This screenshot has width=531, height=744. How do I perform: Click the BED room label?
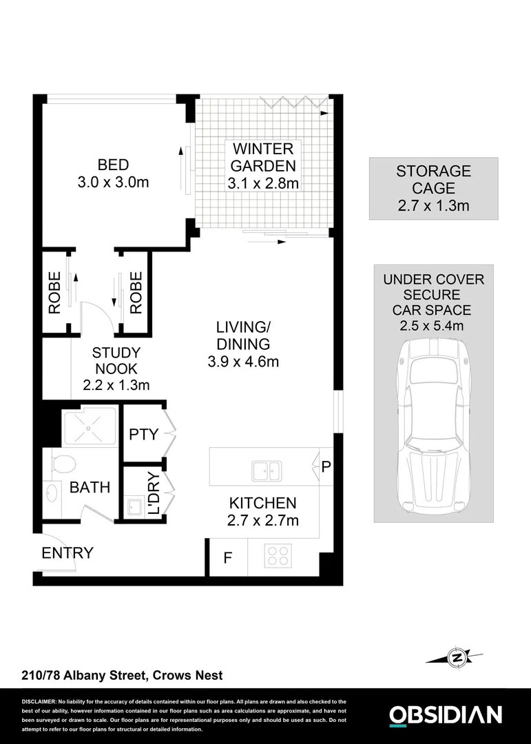click(114, 165)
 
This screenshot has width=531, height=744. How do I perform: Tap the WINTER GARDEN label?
click(262, 157)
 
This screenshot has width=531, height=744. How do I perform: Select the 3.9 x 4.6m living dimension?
click(242, 361)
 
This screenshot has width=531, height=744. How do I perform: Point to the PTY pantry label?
click(144, 435)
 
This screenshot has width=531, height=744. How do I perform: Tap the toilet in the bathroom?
click(59, 462)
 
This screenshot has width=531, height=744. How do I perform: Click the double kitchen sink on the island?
click(265, 471)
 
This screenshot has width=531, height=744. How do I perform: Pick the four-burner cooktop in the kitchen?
click(278, 556)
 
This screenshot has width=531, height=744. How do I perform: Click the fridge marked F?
click(228, 557)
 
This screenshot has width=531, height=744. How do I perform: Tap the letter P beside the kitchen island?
click(326, 467)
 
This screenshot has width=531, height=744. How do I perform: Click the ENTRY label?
click(67, 552)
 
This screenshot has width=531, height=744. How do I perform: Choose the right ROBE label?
click(136, 293)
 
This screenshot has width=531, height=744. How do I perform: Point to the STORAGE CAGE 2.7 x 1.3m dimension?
click(433, 205)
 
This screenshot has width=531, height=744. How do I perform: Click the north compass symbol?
click(455, 658)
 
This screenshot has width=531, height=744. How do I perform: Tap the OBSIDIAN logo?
click(446, 715)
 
